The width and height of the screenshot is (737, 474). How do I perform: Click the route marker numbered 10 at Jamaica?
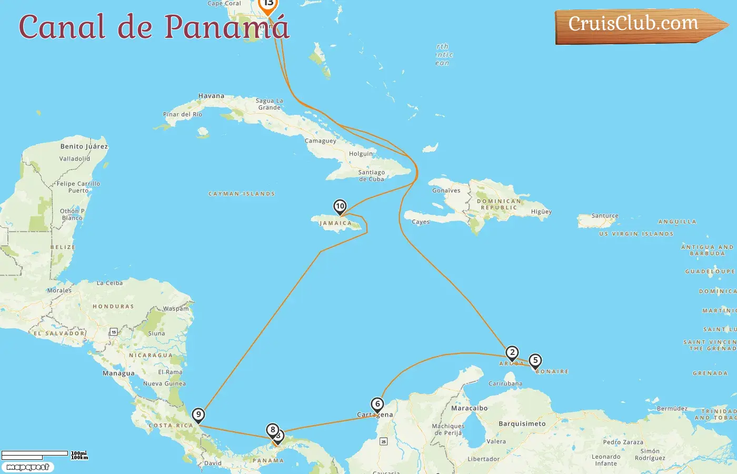pos(340,206)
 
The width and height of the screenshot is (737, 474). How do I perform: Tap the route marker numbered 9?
pos(198,415)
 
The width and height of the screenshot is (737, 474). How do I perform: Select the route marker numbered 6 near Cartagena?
pos(377,404)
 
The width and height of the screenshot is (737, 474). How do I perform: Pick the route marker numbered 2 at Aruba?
pos(512,353)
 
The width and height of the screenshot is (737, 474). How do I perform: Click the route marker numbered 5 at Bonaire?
pos(535,361)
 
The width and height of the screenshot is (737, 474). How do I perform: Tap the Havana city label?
pos(211,96)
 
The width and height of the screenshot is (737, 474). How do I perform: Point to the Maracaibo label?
pos(469,408)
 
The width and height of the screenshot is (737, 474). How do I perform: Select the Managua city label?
pos(118,373)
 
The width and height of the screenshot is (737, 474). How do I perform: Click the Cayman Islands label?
pos(242,194)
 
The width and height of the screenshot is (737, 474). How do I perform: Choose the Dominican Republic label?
pos(499,204)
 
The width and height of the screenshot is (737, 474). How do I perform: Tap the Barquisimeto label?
pos(522,423)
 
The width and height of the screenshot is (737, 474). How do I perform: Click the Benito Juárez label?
pos(84,146)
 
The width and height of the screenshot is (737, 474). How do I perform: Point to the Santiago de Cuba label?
pos(371,175)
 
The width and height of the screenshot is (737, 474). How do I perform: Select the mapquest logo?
pos(27,467)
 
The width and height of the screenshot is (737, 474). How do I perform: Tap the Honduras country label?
pos(113,307)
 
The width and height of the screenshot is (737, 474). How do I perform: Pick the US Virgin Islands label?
pos(636,234)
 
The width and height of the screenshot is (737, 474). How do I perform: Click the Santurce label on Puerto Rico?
pos(605,216)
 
